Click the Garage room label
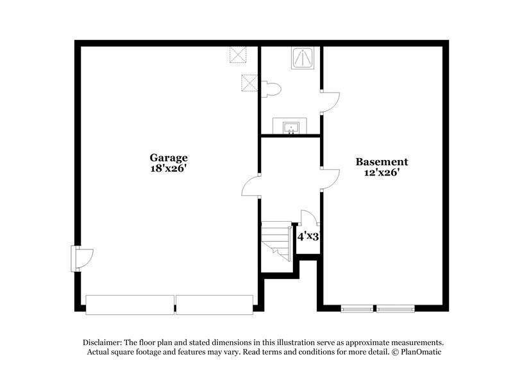pos(169,157)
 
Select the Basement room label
pos(382,162)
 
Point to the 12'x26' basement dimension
pos(382,173)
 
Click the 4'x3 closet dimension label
pos(308,236)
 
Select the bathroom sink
pos(290,126)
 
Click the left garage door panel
pos(130,305)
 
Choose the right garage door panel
pos(215,305)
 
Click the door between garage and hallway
pos(251,186)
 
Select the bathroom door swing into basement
pos(330,102)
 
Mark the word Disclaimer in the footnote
pos(103,343)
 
